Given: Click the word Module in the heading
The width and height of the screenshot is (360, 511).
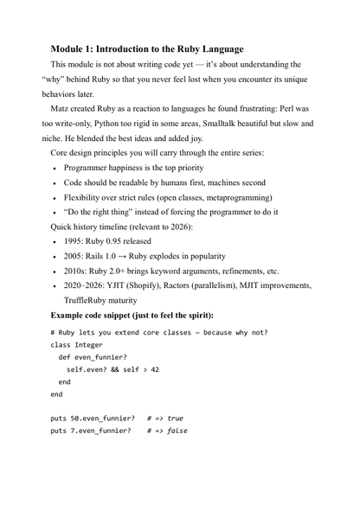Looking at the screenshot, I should (70, 48).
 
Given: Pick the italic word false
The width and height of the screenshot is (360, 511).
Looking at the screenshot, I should (177, 431).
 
